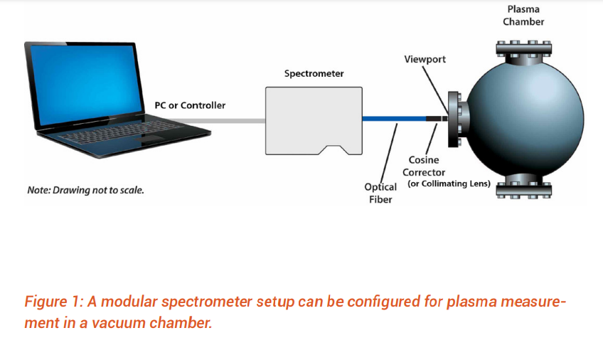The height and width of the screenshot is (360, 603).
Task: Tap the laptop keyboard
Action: (121, 134)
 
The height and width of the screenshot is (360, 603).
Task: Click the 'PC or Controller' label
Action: (190, 105)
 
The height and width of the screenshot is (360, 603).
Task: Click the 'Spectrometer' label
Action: (314, 73)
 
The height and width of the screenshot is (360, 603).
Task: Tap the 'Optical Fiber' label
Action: (380, 193)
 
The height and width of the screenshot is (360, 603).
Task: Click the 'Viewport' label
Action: (425, 59)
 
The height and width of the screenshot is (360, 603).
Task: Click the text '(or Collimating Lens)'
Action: (449, 184)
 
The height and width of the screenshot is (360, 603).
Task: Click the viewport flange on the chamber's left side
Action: (457, 119)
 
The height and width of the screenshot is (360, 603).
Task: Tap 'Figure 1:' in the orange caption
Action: (53, 301)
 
